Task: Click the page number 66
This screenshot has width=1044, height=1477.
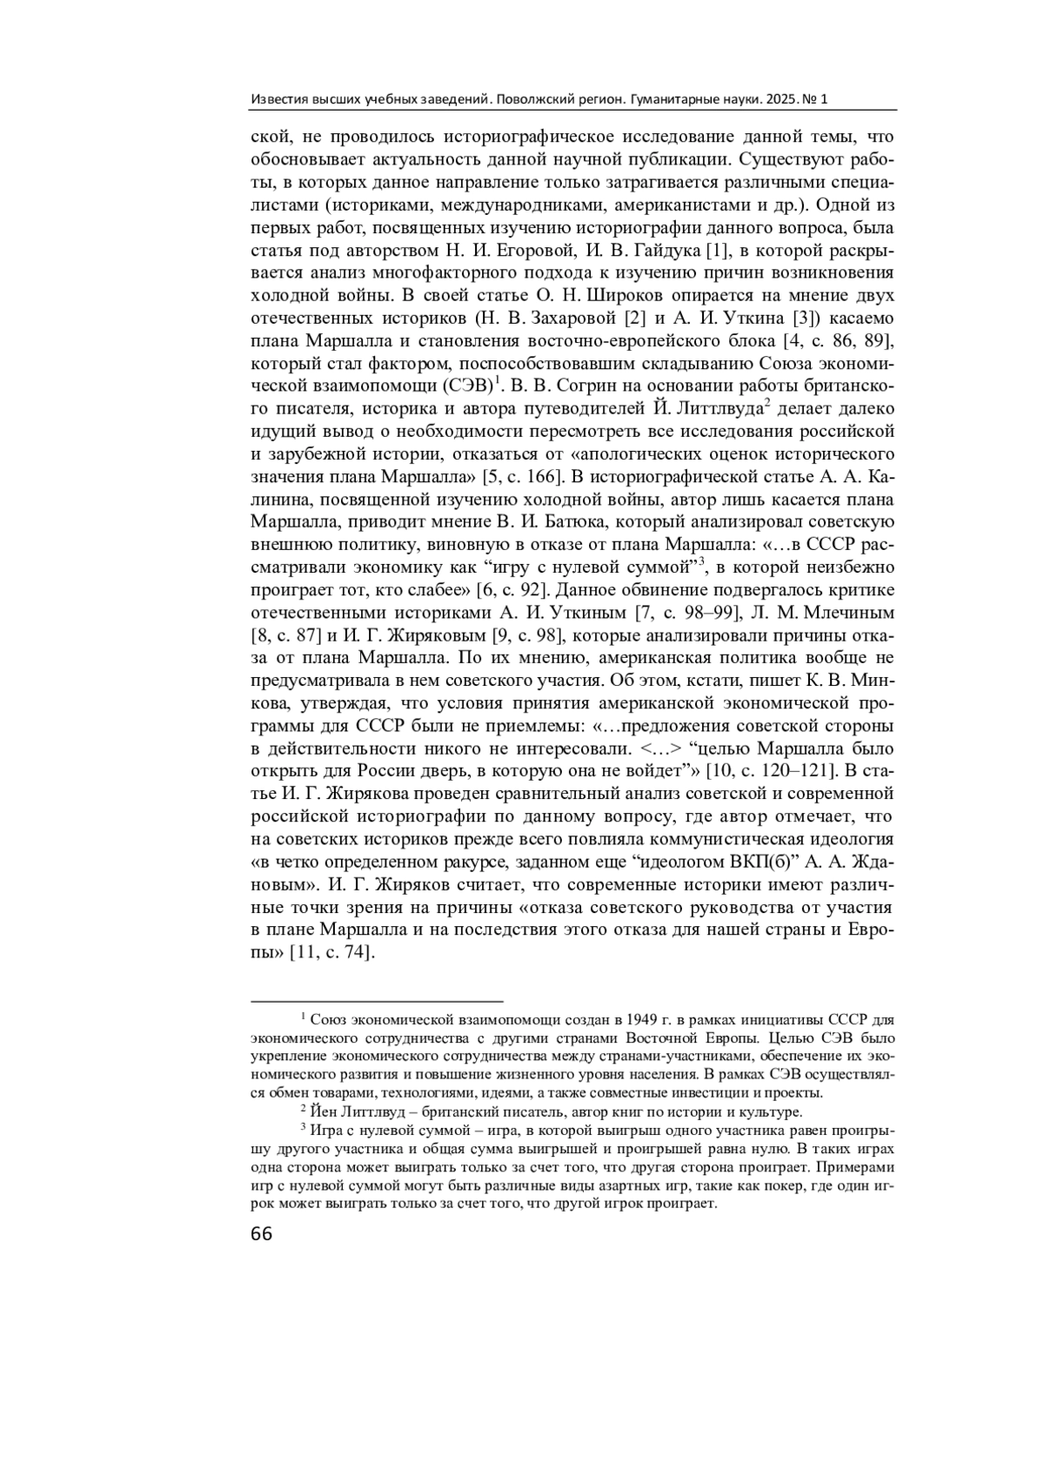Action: point(261,1234)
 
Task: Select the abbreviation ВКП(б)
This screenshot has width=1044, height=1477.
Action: point(763,861)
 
